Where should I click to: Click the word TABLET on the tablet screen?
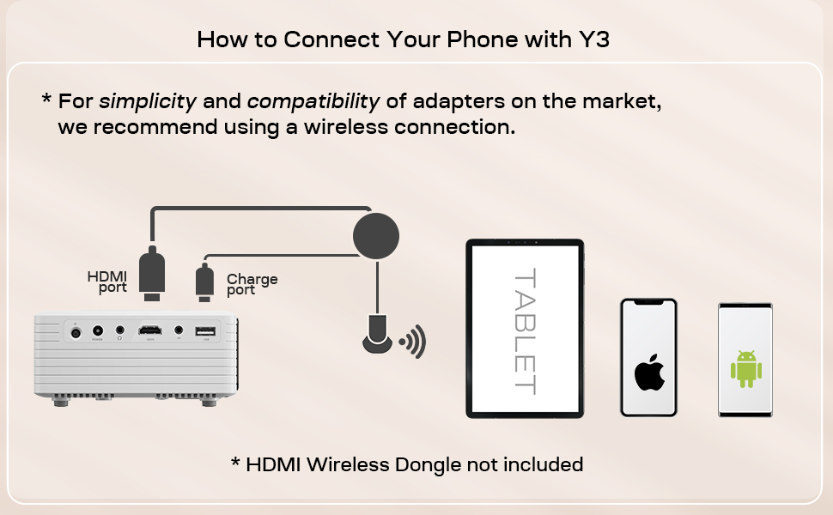point(524,331)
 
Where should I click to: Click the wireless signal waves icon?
point(413,342)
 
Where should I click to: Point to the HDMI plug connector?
point(152,272)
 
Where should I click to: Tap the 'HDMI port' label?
point(107,282)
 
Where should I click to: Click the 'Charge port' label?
point(252,284)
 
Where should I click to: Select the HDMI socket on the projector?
point(150,330)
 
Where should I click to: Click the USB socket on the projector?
point(205,330)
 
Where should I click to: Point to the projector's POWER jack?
point(97,330)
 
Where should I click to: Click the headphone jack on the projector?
point(119,330)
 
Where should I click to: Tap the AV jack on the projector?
point(179,329)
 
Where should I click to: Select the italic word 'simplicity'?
point(148,101)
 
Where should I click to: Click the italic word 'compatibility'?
point(313,101)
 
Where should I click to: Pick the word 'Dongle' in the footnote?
point(426,465)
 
